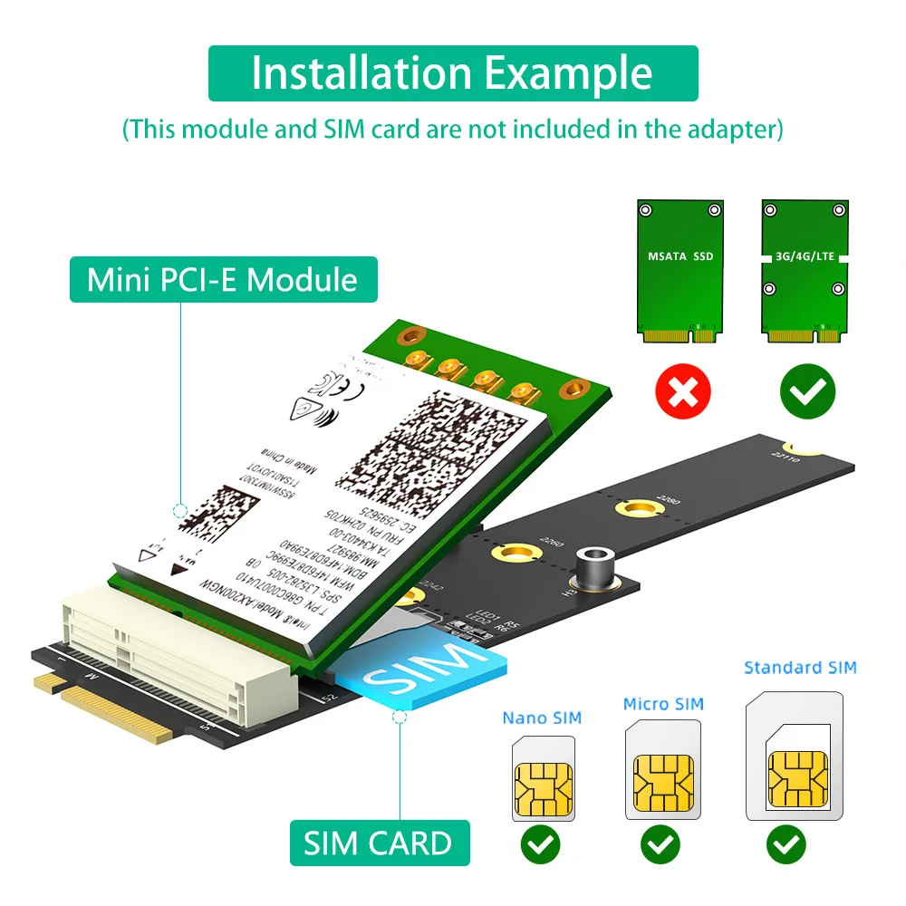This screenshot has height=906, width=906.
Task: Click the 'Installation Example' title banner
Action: [452, 73]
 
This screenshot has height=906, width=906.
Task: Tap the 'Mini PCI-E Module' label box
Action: [222, 279]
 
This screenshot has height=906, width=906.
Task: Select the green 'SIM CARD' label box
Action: [378, 843]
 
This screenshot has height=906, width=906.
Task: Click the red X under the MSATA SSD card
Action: [682, 391]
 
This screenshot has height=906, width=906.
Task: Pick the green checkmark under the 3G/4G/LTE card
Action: [807, 391]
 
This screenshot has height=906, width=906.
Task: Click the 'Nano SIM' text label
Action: [542, 718]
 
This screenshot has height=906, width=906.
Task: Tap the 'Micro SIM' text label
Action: [662, 704]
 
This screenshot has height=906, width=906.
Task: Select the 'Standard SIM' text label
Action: [800, 668]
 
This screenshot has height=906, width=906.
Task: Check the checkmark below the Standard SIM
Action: [786, 845]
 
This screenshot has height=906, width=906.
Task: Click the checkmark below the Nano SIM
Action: [541, 845]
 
